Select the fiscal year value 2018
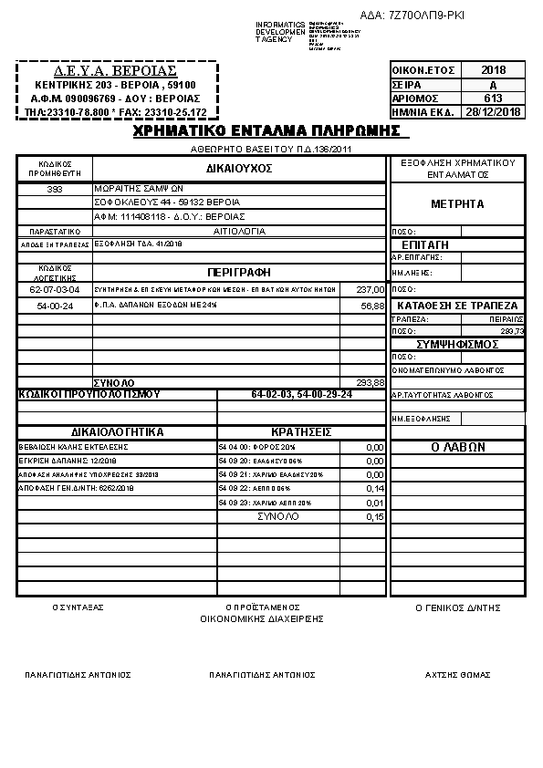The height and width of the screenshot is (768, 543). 492,70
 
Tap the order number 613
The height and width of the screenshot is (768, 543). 492,98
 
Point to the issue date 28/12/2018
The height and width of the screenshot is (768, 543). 492,112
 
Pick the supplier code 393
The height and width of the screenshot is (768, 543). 54,189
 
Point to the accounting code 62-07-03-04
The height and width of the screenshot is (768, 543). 55,289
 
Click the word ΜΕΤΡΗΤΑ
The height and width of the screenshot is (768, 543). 457,203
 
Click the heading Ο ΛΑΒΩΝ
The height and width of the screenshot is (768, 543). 457,447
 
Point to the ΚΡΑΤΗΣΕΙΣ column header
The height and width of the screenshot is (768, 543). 300,431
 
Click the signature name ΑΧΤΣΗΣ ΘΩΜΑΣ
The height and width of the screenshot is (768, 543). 457,675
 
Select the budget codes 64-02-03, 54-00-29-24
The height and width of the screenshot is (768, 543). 301,394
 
